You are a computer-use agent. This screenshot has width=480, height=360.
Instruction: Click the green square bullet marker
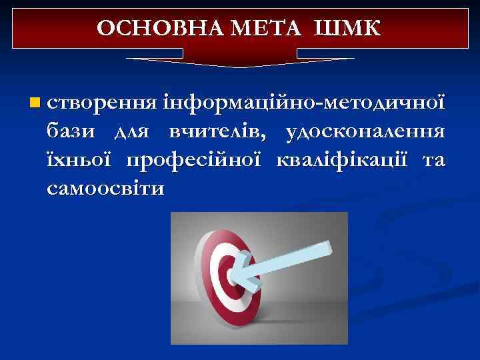[34, 103]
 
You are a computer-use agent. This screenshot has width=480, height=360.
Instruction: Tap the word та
[433, 161]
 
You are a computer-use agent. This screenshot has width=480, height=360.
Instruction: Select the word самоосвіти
[105, 189]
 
